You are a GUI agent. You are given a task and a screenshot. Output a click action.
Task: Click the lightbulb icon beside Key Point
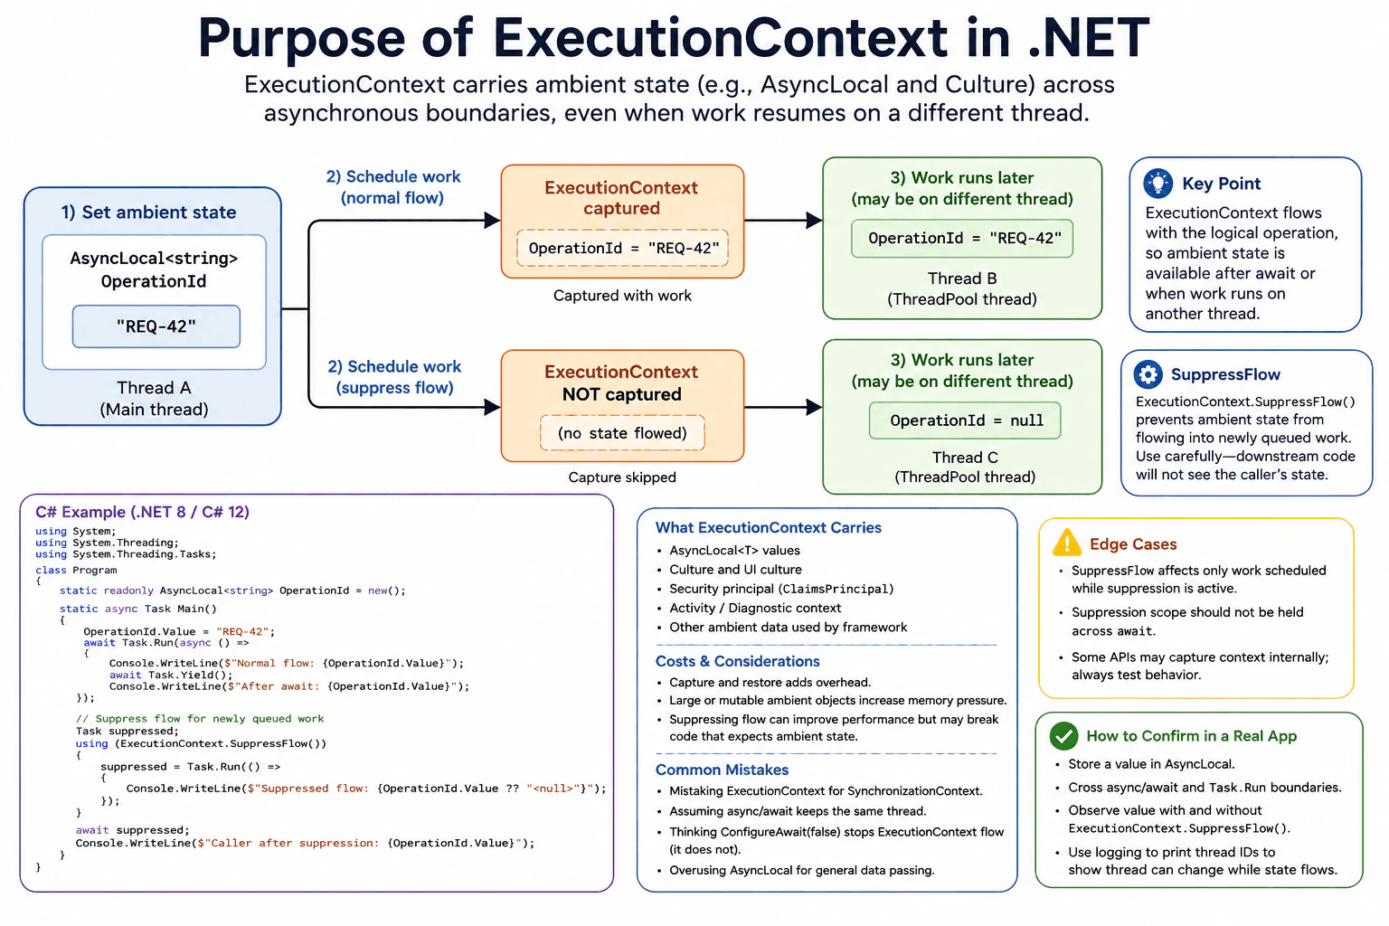click(x=1157, y=184)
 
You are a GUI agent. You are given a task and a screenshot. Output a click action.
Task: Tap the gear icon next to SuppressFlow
click(x=1148, y=374)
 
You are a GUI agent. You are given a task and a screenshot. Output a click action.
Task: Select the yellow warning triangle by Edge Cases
click(x=1066, y=542)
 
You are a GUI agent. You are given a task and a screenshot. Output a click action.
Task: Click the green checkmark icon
click(x=1064, y=735)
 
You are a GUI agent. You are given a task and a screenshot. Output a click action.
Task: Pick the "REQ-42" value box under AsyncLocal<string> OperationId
click(x=156, y=326)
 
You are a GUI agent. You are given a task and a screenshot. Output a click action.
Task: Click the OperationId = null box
click(x=965, y=420)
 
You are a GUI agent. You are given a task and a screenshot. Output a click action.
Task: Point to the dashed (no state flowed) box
click(x=622, y=433)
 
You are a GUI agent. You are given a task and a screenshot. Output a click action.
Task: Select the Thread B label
click(x=962, y=279)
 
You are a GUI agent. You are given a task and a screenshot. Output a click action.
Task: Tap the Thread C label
click(x=965, y=458)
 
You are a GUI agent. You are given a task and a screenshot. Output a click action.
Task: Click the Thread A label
click(x=154, y=388)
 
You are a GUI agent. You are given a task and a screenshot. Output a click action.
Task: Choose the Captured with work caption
click(x=622, y=295)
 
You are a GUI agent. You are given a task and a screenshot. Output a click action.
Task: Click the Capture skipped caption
click(x=622, y=477)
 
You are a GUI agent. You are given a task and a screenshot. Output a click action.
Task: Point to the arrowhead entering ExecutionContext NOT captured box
click(x=492, y=407)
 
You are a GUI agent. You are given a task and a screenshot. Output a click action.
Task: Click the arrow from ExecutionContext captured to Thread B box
click(x=783, y=220)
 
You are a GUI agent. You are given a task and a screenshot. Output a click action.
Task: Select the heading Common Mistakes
click(x=722, y=770)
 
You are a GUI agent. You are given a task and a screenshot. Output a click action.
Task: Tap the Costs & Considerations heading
click(x=737, y=661)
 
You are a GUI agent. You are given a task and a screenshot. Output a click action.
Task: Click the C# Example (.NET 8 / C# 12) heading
click(x=143, y=512)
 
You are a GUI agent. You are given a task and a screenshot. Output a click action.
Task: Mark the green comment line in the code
click(x=200, y=718)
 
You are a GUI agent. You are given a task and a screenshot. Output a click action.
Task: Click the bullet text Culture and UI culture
click(x=735, y=570)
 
